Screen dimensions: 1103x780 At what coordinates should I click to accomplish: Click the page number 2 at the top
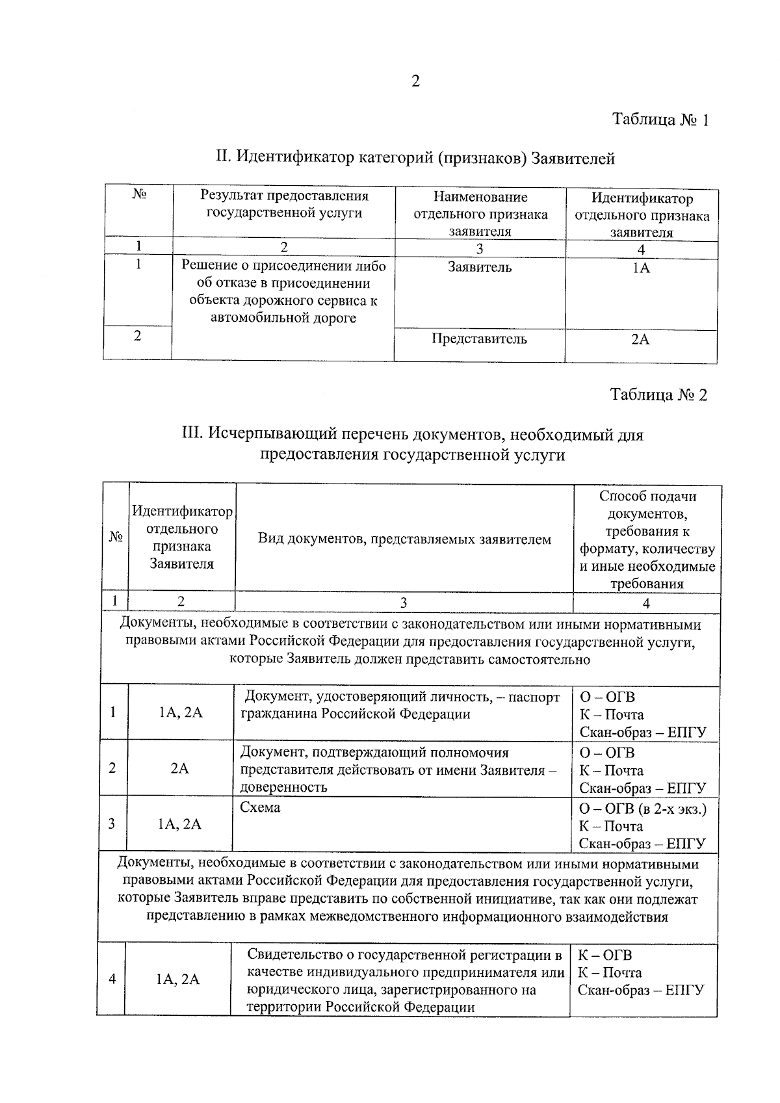click(x=415, y=81)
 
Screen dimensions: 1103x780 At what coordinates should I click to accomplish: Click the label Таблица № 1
click(x=660, y=120)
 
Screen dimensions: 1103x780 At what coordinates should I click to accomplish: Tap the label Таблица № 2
click(x=658, y=395)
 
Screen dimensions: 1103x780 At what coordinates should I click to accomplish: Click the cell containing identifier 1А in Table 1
click(x=641, y=268)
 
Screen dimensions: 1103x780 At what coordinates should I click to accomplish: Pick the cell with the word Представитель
click(x=479, y=339)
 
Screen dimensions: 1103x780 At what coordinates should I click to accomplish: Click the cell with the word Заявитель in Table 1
click(x=479, y=267)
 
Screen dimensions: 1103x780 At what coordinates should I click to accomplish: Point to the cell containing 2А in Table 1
click(x=640, y=339)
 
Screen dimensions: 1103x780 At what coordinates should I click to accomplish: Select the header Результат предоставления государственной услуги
click(x=284, y=204)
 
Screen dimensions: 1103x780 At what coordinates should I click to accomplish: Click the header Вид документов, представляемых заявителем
click(x=404, y=539)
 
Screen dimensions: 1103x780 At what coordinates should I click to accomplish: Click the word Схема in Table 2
click(x=260, y=808)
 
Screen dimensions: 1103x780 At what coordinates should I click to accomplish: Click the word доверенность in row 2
click(x=283, y=787)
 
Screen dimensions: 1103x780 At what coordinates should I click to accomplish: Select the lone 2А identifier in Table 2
click(x=179, y=768)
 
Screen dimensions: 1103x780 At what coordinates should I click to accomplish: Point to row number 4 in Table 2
click(x=112, y=979)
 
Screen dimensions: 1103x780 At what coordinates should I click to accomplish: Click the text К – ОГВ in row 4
click(x=604, y=955)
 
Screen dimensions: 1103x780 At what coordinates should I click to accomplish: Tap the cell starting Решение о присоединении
click(x=283, y=292)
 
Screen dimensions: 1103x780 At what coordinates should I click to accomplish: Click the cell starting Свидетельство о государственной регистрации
click(x=404, y=981)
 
